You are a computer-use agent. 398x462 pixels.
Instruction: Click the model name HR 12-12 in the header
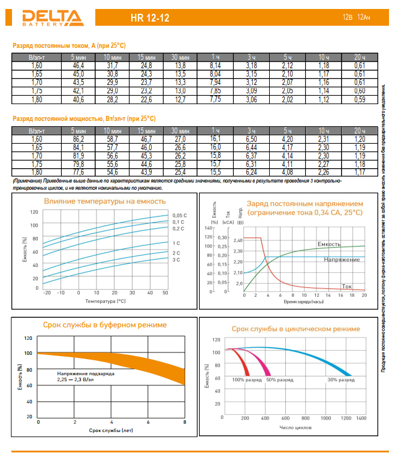(x=150, y=19)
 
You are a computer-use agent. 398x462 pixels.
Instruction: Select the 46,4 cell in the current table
(x=79, y=65)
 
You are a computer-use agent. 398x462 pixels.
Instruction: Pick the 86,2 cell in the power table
(x=79, y=139)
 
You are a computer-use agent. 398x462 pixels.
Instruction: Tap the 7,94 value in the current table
(x=216, y=82)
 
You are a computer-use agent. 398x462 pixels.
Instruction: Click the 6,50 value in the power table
(x=252, y=139)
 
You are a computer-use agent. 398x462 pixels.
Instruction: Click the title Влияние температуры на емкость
(x=105, y=202)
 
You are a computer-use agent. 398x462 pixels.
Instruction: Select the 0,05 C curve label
(x=180, y=215)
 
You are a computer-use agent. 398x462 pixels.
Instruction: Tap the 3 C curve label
(x=177, y=260)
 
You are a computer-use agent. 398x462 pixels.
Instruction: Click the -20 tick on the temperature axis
(x=47, y=293)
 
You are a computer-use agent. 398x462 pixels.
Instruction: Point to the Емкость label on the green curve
(x=328, y=244)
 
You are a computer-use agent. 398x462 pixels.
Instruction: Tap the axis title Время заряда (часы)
(x=304, y=302)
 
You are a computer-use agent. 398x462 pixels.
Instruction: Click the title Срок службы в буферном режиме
(x=105, y=325)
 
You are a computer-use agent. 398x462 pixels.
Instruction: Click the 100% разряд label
(x=246, y=380)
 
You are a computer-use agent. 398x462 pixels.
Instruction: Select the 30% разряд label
(x=340, y=380)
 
